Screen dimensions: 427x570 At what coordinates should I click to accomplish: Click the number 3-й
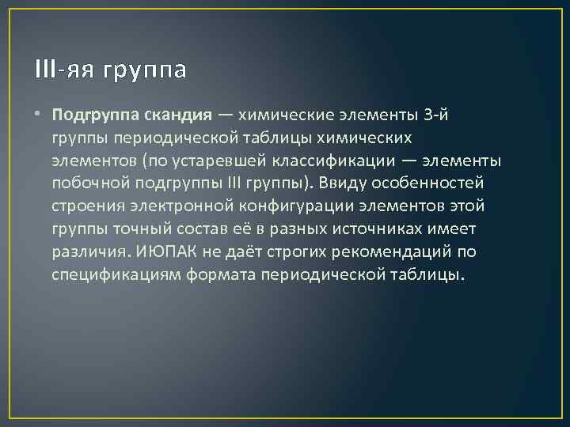point(439,115)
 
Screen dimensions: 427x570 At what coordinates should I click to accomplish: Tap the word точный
point(140,229)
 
